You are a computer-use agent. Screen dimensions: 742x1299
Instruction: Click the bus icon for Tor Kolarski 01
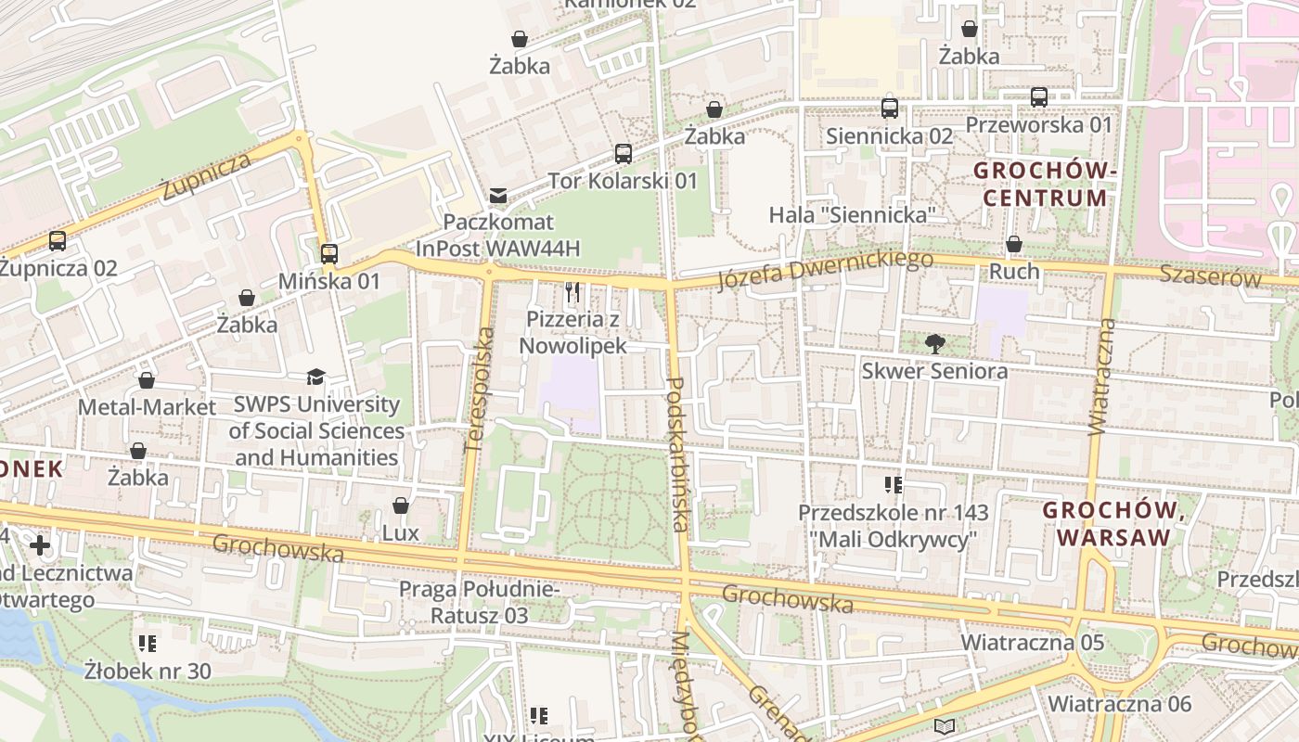pos(623,154)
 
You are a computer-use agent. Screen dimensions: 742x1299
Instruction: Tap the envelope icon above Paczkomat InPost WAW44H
pos(498,196)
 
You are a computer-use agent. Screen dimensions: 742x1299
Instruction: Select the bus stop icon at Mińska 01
pos(329,254)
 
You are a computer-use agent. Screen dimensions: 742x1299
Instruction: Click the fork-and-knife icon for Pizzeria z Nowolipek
pos(572,293)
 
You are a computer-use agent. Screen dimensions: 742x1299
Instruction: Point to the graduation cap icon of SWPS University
pos(316,377)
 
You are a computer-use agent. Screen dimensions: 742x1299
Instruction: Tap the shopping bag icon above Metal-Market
pos(147,380)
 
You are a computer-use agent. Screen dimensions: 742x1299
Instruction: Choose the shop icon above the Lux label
pos(401,505)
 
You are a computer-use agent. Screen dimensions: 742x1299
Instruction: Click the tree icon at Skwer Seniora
pos(934,344)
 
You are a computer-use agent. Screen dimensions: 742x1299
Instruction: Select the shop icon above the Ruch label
pos(1014,245)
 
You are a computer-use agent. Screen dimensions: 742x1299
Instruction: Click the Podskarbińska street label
pos(676,454)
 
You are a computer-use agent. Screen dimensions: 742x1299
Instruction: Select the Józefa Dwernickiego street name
pos(825,270)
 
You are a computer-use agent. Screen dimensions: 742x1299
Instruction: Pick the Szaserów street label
pos(1210,276)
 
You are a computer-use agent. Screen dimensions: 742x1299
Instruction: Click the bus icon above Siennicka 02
pos(890,109)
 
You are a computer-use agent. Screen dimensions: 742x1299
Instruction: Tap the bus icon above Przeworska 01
pos(1039,97)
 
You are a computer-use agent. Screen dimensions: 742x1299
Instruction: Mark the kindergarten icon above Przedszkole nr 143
pos(894,485)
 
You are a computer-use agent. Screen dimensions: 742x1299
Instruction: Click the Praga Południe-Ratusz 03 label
pos(480,602)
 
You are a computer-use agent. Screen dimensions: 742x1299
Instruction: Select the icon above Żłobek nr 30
pos(147,644)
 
